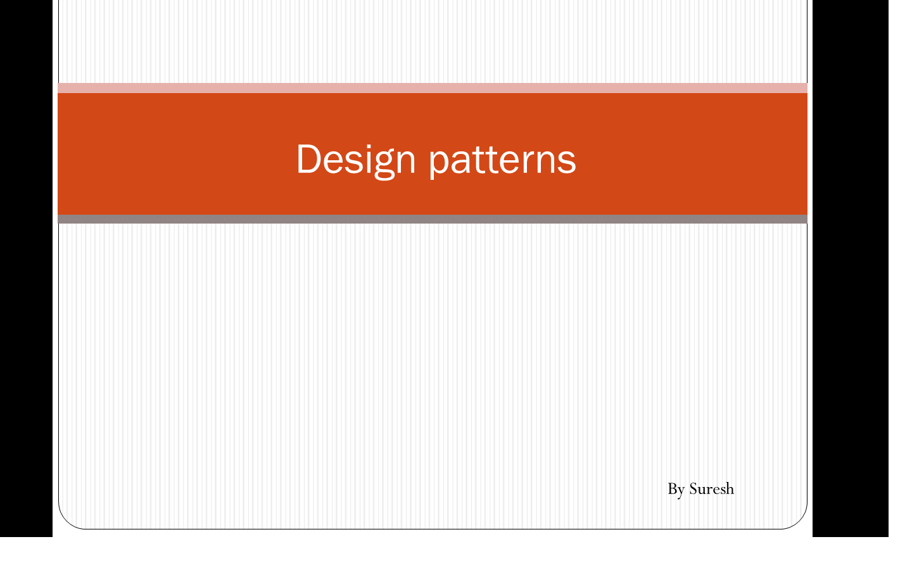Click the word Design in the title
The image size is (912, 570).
click(355, 159)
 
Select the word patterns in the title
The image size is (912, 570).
click(502, 159)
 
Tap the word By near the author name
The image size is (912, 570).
click(676, 489)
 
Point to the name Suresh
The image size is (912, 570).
click(711, 488)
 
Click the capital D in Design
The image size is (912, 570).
click(308, 158)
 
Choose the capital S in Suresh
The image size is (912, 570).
click(694, 488)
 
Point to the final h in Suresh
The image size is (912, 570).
click(730, 488)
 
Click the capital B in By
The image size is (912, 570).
click(673, 488)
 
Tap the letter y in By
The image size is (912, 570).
click(681, 491)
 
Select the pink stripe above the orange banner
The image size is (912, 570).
click(433, 88)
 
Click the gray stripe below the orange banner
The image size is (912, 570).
click(433, 219)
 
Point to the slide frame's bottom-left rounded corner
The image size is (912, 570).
click(66, 520)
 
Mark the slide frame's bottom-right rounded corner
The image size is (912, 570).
click(800, 520)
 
